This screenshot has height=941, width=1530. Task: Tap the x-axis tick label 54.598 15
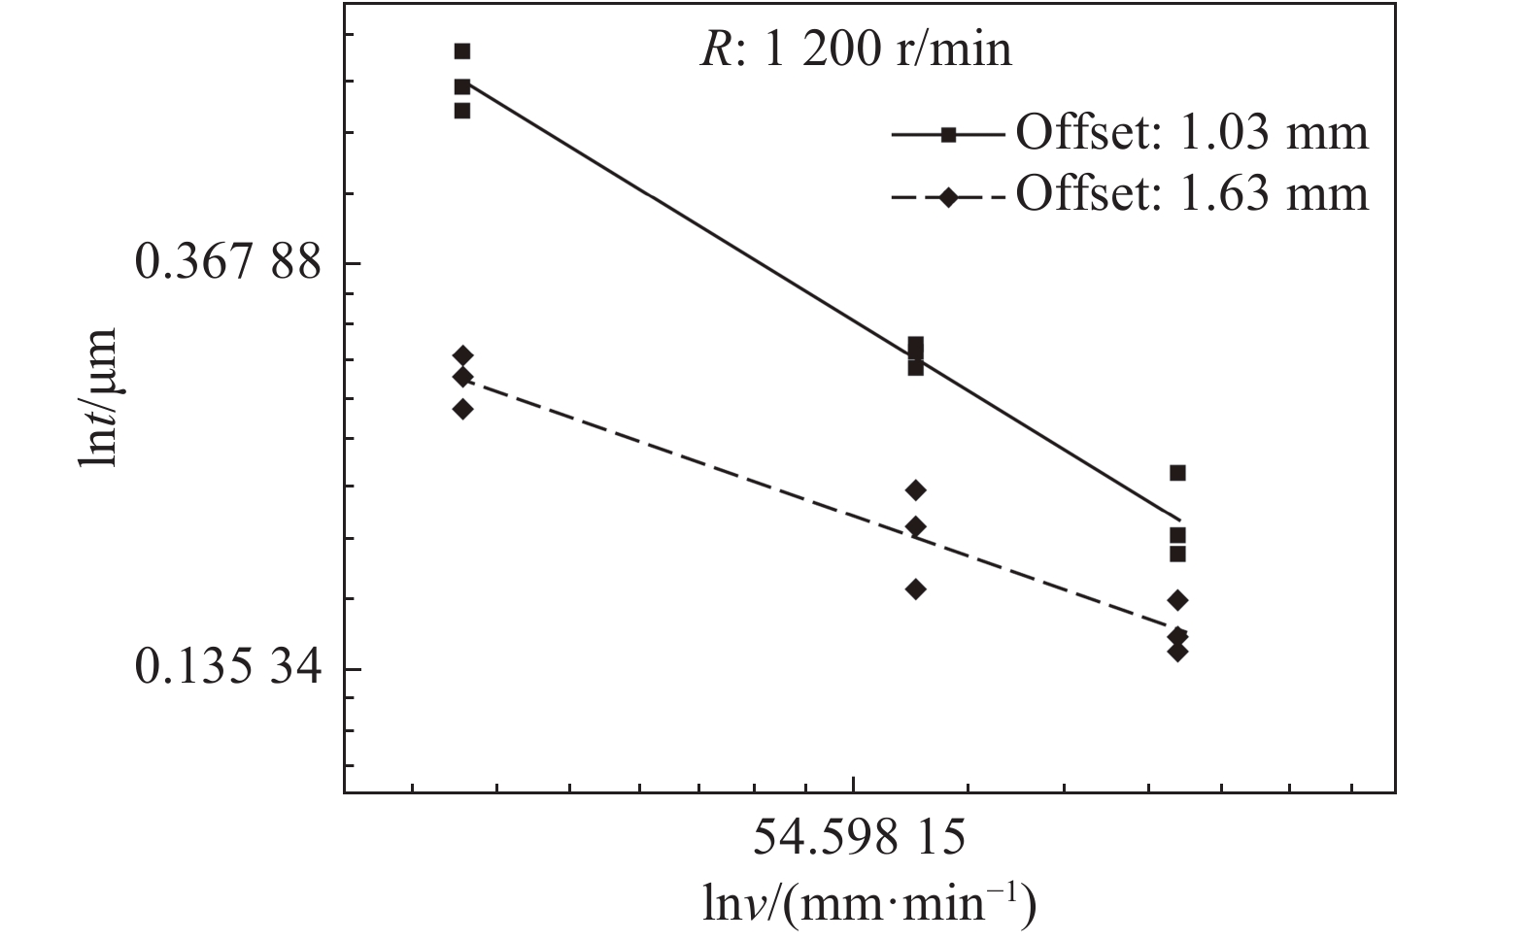(860, 837)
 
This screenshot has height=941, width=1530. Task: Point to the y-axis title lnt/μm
(97, 396)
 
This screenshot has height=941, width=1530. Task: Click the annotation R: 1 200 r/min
(856, 50)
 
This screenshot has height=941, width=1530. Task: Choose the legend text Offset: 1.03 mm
(1192, 132)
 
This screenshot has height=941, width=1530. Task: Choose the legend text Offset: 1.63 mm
(1192, 194)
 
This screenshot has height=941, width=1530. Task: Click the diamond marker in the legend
(949, 197)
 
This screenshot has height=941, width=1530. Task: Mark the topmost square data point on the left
(462, 51)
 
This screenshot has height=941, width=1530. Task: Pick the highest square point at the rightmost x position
(1177, 473)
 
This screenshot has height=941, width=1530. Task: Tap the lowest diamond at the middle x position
(915, 588)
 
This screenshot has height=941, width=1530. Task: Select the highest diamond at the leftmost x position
(462, 355)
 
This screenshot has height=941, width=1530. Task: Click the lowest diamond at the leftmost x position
(462, 409)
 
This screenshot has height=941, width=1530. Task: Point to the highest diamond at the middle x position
(915, 489)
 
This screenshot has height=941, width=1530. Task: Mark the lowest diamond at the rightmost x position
(1177, 651)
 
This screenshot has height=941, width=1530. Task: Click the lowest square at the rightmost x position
(1177, 554)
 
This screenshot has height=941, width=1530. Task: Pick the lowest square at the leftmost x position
(462, 111)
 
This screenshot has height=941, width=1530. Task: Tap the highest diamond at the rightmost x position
(1177, 600)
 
